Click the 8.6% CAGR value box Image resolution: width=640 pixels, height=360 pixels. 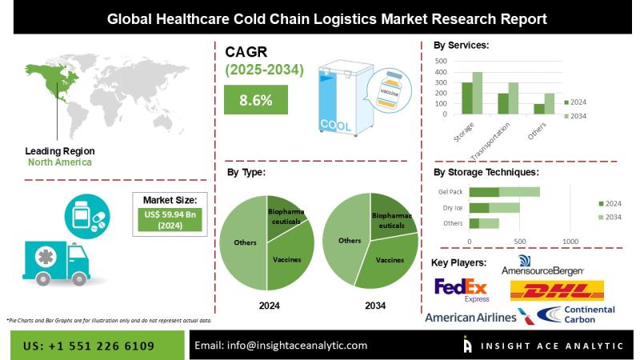click(x=256, y=100)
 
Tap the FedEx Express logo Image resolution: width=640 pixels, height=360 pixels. click(x=461, y=290)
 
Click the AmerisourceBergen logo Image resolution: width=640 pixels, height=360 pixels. click(x=542, y=266)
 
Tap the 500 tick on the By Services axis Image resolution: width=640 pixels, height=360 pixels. click(x=440, y=61)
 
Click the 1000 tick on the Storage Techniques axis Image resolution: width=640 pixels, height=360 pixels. click(x=570, y=242)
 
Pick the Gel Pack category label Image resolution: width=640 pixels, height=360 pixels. click(x=450, y=192)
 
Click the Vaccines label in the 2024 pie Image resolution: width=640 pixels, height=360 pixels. click(x=286, y=259)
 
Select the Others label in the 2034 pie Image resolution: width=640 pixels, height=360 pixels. click(x=350, y=240)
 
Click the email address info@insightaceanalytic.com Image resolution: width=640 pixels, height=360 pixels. click(x=281, y=346)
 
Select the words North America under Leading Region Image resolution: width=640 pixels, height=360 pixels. click(x=59, y=162)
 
